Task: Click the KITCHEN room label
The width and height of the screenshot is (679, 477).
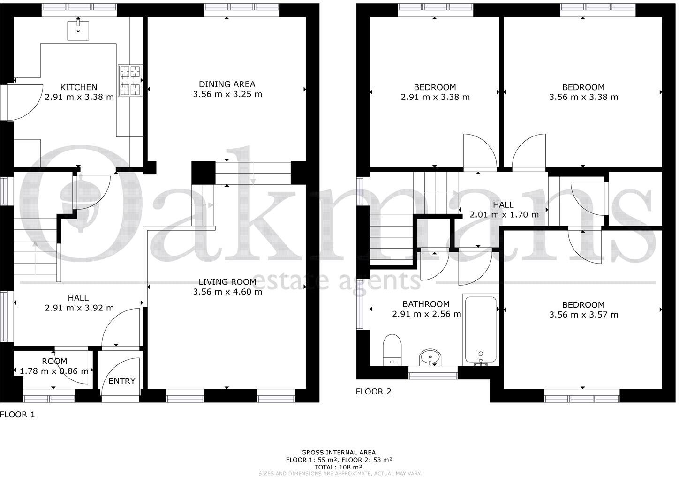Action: [79, 87]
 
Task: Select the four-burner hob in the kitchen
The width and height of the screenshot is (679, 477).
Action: [130, 80]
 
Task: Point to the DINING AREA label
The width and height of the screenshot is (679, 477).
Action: [227, 84]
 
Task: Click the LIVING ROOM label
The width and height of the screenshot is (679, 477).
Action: [227, 282]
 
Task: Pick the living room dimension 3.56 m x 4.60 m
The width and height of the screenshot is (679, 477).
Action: [227, 292]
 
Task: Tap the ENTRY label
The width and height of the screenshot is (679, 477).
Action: [122, 381]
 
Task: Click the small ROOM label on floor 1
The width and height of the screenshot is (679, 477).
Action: [54, 361]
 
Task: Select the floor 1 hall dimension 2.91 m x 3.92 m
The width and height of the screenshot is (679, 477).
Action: [79, 308]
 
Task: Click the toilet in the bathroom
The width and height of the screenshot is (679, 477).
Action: [392, 349]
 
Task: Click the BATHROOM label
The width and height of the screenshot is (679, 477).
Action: [426, 304]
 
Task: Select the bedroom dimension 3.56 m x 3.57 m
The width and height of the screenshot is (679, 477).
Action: [583, 315]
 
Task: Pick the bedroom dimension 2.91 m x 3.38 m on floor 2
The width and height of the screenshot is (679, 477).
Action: [435, 97]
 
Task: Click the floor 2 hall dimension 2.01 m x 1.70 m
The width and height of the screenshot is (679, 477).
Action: [504, 214]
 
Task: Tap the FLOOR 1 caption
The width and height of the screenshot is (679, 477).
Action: [17, 415]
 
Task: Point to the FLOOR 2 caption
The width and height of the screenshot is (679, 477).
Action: [373, 391]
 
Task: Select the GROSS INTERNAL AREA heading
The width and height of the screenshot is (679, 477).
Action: [339, 453]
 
